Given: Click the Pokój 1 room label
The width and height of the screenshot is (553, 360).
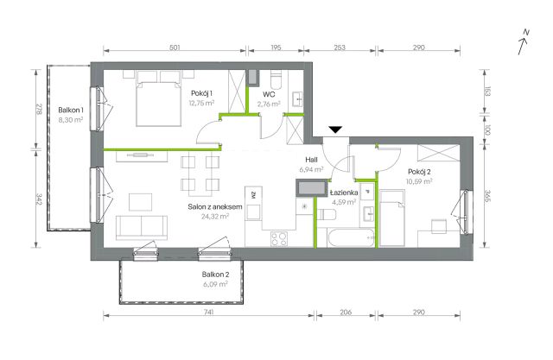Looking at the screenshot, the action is coord(201,93).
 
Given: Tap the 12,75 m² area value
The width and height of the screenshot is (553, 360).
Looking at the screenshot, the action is coord(201,104).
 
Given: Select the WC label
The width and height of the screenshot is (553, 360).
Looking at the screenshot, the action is coord(269,94).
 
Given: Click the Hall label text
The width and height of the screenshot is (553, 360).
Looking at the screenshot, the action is coord(311,160).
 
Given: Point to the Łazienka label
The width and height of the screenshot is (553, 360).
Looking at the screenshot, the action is coord(344,193).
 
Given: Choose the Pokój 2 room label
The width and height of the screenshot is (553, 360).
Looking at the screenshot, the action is coord(419,172).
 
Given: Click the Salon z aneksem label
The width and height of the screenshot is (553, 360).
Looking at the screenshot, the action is coord(215,207).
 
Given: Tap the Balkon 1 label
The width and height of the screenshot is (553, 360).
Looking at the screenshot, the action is coord(71,111).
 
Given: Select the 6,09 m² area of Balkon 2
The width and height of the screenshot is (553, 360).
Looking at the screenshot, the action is coord(215,284).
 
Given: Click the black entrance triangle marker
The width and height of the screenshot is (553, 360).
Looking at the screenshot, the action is coord(335,129).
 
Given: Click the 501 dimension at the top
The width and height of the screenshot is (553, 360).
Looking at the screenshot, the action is coord(175,47).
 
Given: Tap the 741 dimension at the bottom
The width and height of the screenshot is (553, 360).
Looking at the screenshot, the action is coord(209,313).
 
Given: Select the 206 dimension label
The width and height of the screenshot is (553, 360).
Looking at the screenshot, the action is coord(346,313).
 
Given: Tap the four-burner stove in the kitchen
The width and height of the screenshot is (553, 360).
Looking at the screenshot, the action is coord(278,239).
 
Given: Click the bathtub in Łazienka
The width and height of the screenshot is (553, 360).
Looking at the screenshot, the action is coord(351,238).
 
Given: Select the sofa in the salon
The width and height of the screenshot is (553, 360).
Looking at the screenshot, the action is coord(142,228).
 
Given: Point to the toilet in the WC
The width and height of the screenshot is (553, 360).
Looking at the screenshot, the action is coord(276,80).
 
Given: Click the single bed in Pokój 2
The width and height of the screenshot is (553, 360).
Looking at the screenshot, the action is coord(391,218).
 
